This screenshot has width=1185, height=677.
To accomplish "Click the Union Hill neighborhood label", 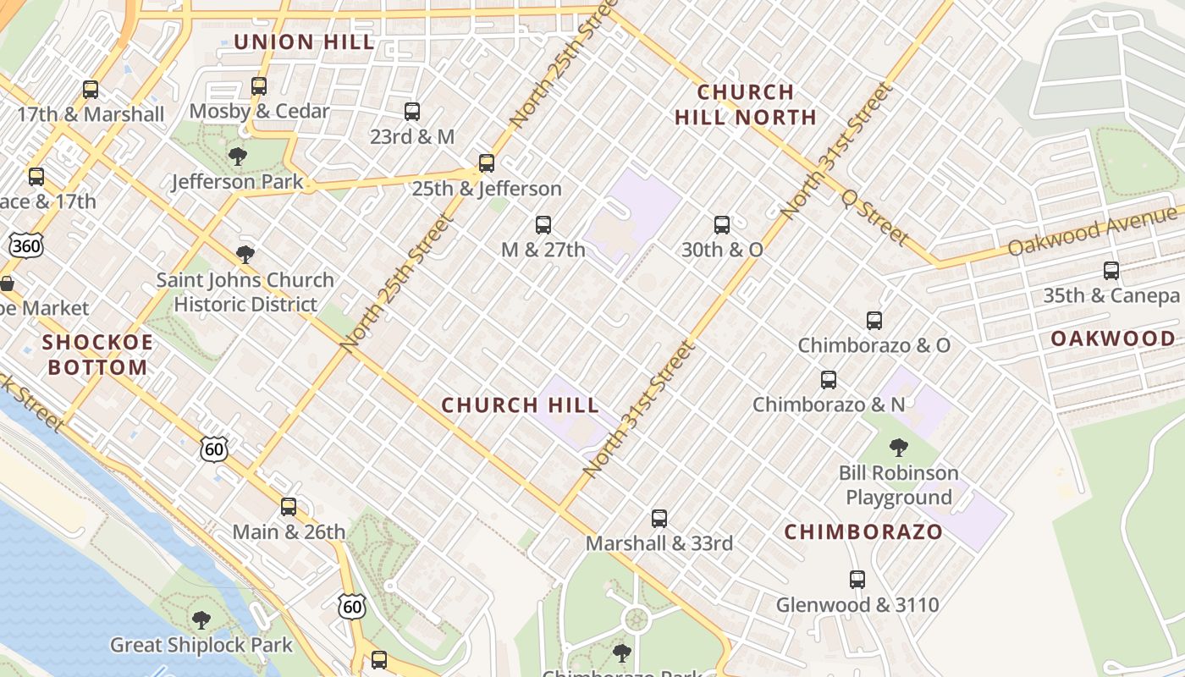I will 304,42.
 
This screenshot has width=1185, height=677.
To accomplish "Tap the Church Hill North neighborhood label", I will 746,104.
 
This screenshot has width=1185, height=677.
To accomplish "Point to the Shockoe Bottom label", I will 98,355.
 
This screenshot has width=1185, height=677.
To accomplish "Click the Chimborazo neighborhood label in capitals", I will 863,532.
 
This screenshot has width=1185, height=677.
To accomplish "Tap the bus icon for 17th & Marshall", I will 91,90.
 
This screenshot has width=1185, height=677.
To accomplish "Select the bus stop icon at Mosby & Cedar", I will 259,86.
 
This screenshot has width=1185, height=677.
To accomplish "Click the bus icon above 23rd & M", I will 412,112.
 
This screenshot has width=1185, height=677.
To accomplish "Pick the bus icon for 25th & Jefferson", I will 486,163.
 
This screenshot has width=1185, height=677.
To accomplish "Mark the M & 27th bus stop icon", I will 543,225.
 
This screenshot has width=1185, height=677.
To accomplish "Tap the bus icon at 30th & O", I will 722,225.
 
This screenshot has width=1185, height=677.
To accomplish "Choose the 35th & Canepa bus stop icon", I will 1111,271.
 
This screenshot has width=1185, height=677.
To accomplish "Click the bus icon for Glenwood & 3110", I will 857,580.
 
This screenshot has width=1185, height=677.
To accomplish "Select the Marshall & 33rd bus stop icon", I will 659,519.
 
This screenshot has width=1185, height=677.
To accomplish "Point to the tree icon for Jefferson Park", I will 238,157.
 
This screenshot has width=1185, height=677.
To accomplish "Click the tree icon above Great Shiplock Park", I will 201,620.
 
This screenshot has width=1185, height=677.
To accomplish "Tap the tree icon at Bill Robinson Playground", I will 899,448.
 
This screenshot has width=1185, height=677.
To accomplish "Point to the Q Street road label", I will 874,217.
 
